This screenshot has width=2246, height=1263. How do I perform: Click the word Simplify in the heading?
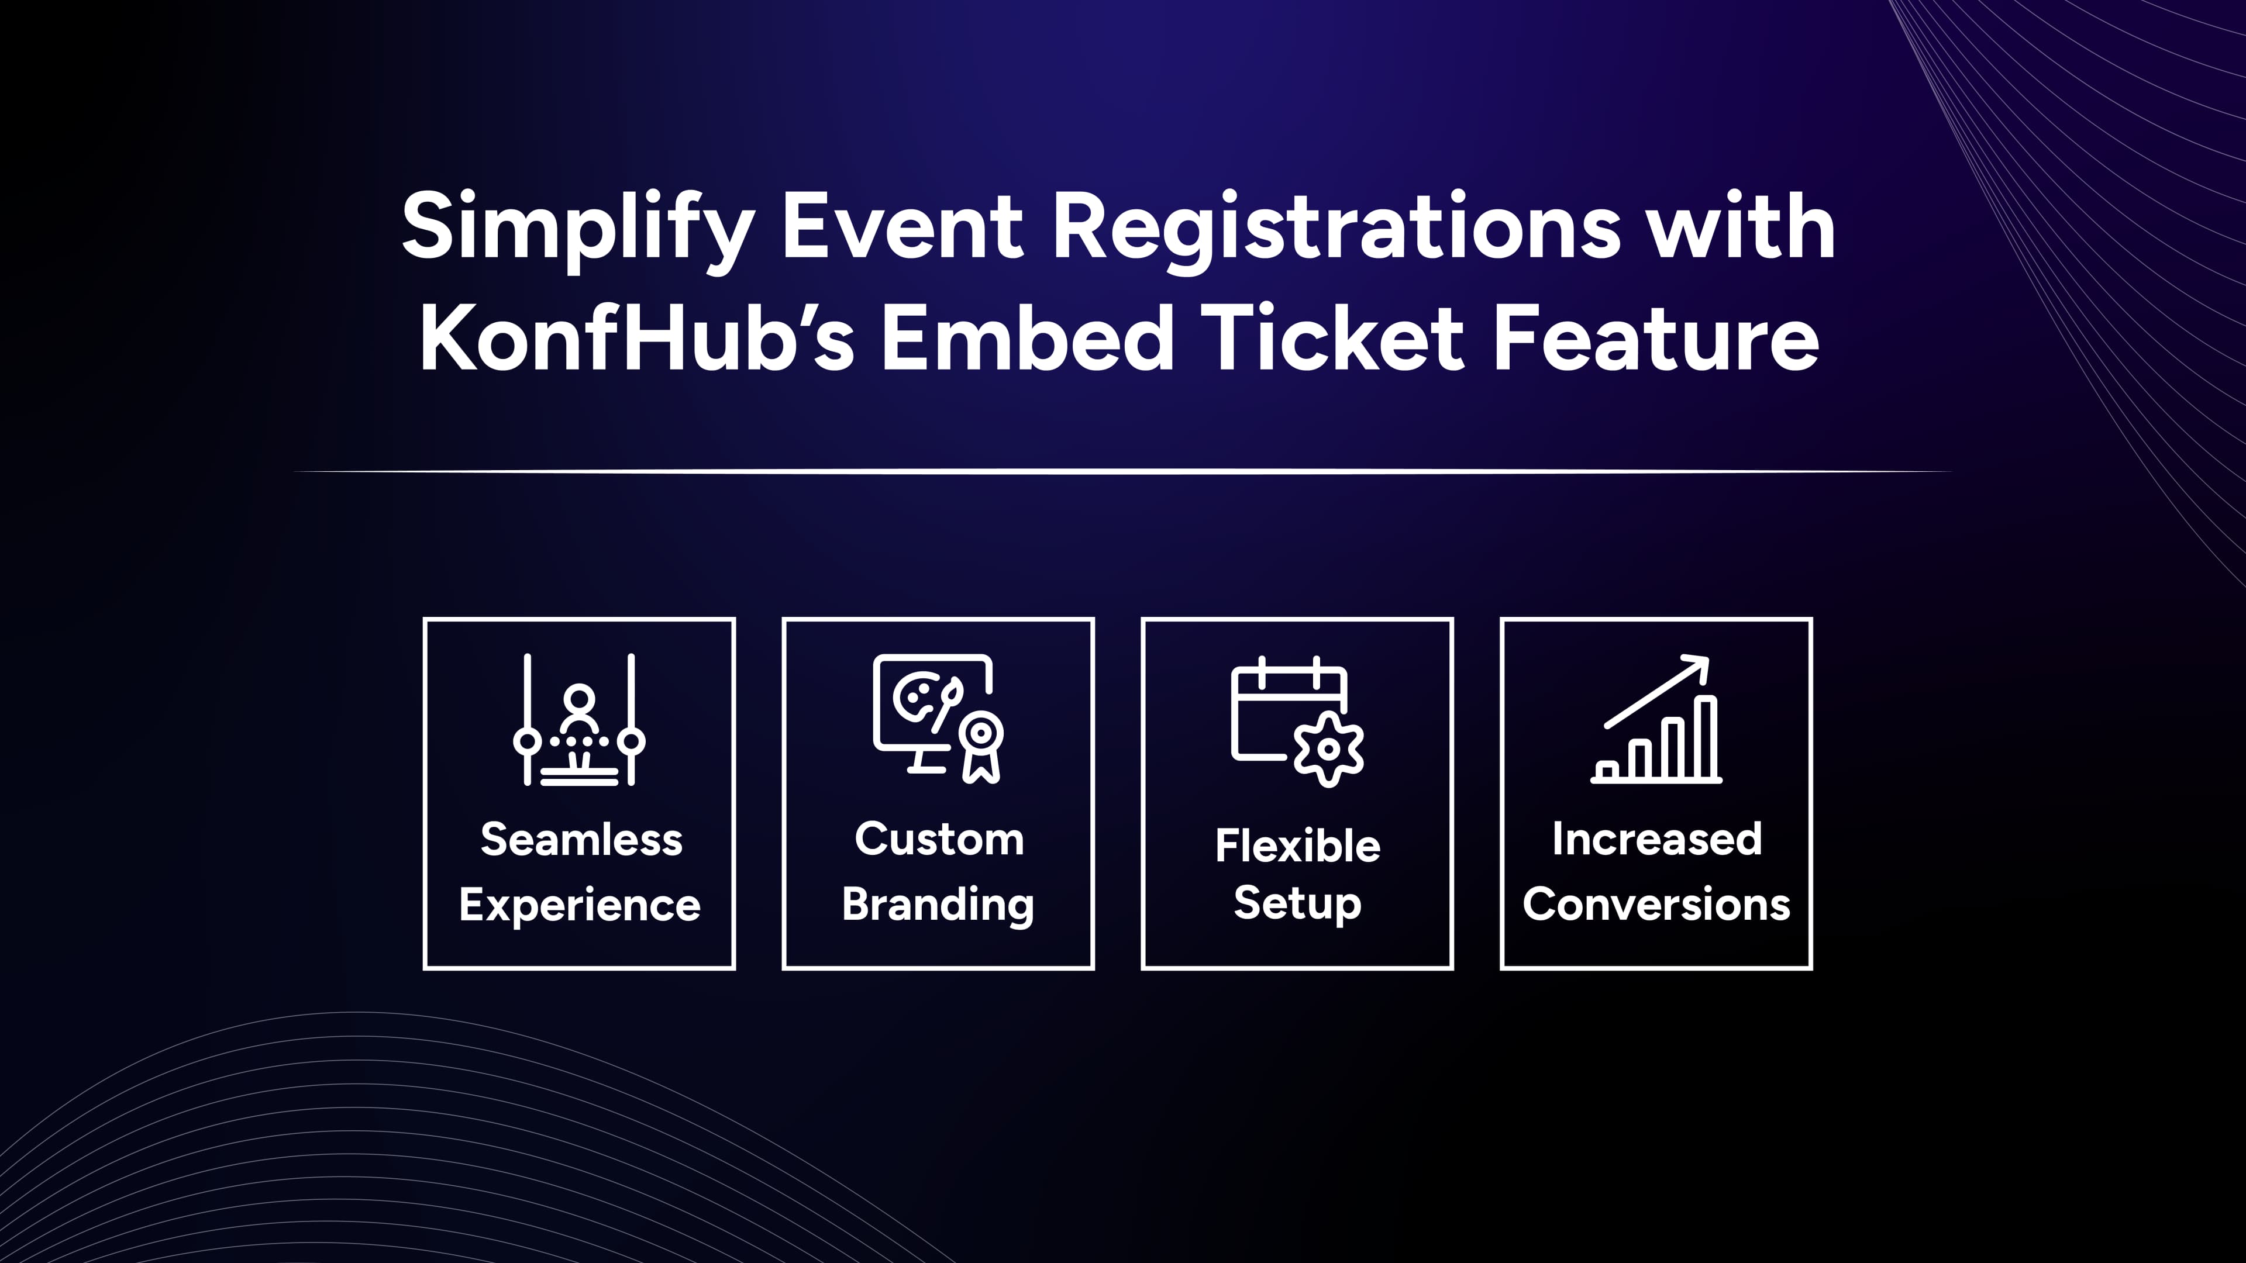577,229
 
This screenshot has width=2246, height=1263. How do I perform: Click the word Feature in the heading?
1656,340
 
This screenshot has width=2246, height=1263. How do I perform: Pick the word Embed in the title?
1026,340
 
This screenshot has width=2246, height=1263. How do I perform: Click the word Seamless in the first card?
581,840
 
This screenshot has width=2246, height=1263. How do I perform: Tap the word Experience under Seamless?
579,905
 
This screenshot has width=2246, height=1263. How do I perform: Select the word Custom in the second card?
938,840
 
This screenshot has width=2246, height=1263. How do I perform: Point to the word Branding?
938,905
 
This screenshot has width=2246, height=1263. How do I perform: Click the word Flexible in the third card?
1297,846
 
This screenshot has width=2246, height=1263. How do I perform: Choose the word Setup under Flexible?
1297,903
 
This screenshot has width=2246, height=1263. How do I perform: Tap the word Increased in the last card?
1656,840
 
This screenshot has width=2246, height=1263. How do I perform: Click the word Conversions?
1656,905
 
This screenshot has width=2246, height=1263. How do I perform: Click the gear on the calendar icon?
1328,748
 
